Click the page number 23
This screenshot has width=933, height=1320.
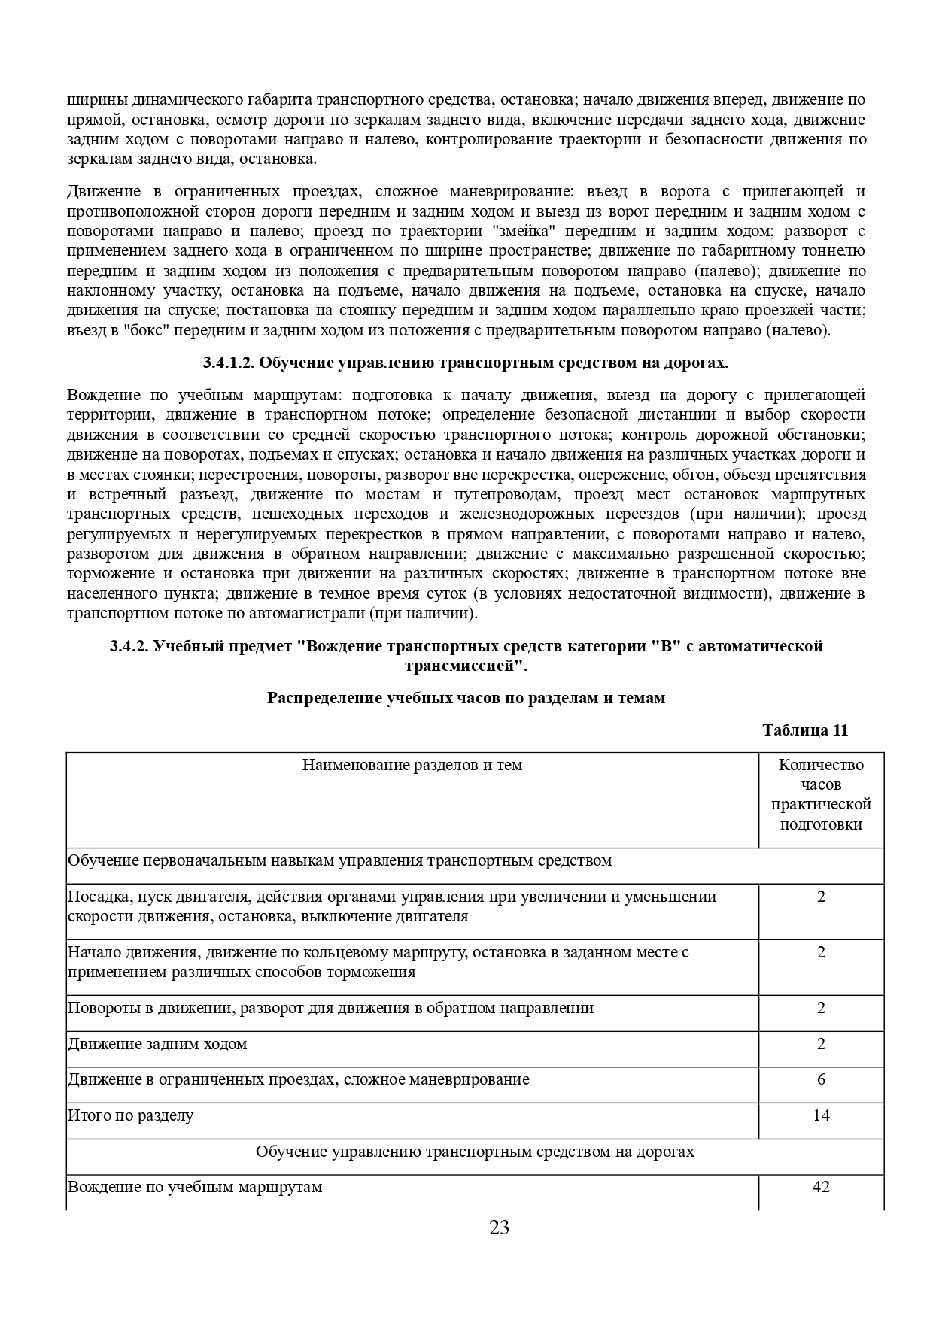[499, 1228]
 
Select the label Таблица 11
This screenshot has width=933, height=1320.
[805, 730]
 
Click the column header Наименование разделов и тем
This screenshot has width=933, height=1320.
[412, 765]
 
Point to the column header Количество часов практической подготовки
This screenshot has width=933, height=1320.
[821, 794]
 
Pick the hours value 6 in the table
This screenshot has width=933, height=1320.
[821, 1079]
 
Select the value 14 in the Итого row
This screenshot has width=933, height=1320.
[821, 1115]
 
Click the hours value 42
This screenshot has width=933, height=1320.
[821, 1187]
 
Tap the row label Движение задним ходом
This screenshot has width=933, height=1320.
[157, 1044]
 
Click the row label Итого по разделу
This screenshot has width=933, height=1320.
[131, 1115]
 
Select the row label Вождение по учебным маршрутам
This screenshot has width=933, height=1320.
[195, 1187]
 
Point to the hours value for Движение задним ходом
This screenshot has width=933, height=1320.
[821, 1044]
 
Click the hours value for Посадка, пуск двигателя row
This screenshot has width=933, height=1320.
[821, 897]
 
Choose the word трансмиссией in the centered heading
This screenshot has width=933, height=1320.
[461, 666]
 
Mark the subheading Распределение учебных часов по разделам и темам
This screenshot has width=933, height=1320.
[466, 698]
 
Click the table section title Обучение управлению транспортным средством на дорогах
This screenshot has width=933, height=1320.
[475, 1152]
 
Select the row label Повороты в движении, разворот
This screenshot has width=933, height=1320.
[330, 1008]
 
